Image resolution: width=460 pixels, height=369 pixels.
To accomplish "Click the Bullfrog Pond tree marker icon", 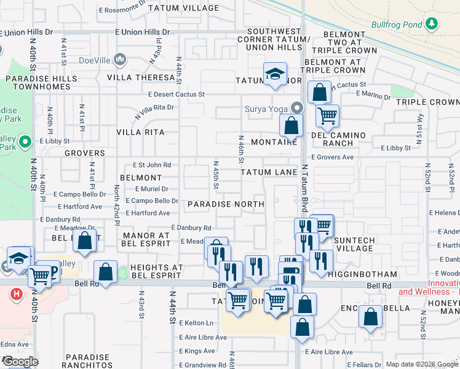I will click(x=433, y=24).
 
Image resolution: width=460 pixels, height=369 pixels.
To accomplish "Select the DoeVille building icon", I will click(x=119, y=60).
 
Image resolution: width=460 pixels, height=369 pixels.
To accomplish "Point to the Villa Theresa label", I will click(x=141, y=77).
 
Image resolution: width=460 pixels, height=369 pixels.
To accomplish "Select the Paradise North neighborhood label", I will click(x=226, y=204).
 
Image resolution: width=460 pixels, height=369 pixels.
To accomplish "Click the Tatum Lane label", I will click(x=269, y=173).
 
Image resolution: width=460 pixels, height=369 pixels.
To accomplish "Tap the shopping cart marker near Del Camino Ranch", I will click(x=327, y=114).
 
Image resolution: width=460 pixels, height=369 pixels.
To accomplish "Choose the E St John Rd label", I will click(x=152, y=165).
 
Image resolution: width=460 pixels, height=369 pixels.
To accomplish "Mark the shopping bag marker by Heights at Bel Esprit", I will click(x=106, y=272).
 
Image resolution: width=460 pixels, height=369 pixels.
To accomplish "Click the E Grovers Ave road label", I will click(x=332, y=157).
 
